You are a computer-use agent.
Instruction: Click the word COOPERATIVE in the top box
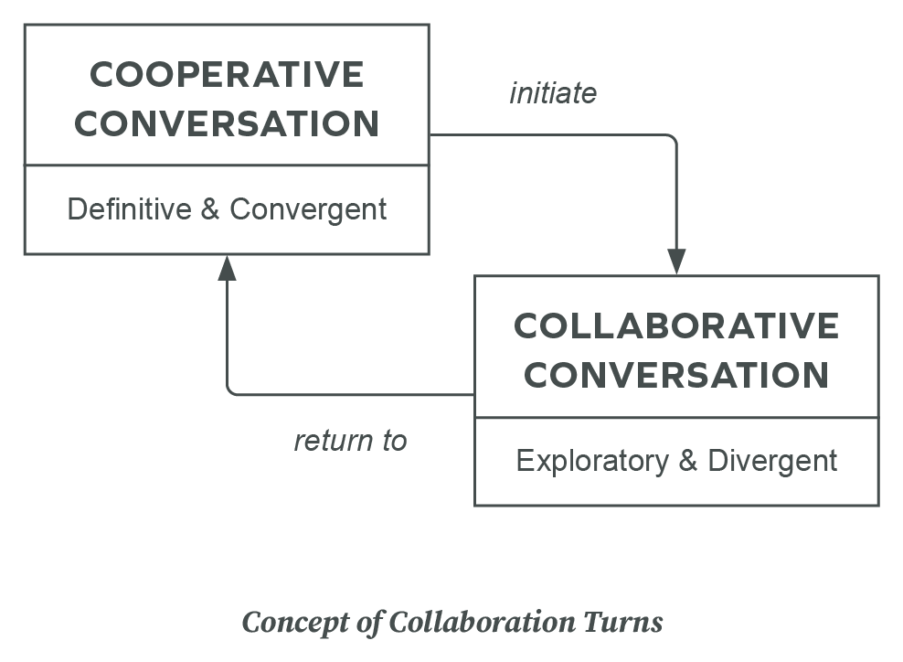(227, 75)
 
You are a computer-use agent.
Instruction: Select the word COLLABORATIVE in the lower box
(676, 326)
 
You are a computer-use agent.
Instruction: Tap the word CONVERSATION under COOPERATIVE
(227, 123)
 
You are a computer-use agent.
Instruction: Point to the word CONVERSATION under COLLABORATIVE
(676, 375)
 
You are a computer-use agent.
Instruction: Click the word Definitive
(129, 209)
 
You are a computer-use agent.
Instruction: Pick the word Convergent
(308, 209)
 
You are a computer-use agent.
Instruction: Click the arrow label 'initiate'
(553, 93)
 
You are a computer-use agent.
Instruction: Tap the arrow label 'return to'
(350, 441)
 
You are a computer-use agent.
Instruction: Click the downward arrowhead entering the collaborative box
(676, 262)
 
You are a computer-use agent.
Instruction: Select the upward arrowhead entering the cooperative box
(227, 268)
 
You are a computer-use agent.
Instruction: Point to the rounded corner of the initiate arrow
(673, 139)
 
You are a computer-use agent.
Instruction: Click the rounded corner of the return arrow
(230, 391)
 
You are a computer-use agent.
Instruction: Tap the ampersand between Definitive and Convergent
(209, 209)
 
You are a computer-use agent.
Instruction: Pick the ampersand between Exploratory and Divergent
(688, 460)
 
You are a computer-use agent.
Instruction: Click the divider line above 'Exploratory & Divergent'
(676, 418)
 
